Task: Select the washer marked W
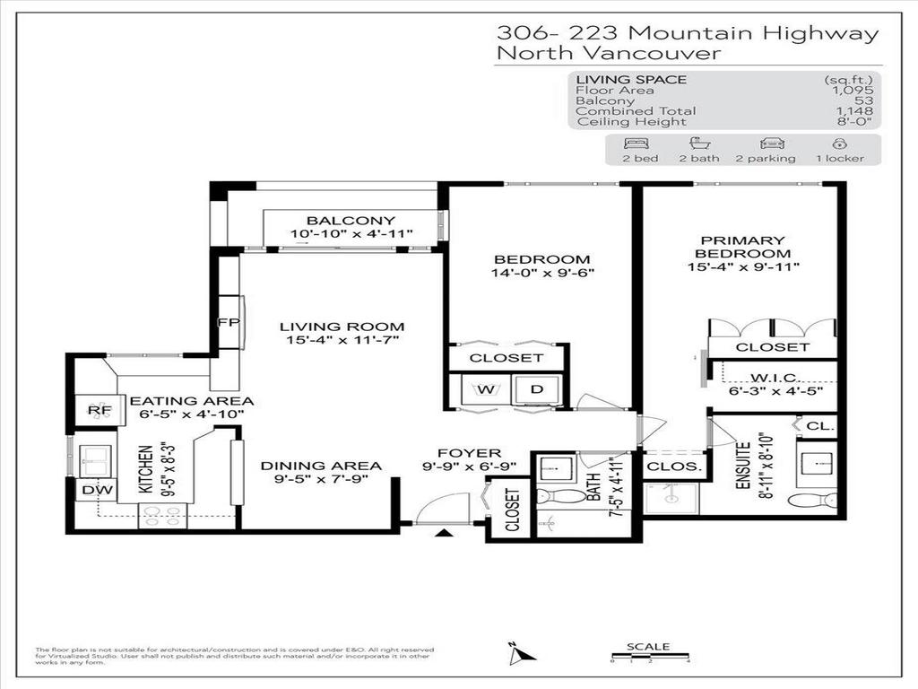click(x=486, y=389)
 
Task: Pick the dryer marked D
click(x=537, y=389)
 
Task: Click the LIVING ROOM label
click(x=341, y=327)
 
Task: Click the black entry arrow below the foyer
click(x=444, y=535)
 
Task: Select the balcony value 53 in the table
click(x=863, y=100)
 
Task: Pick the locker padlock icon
click(x=840, y=144)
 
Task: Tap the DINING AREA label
click(x=321, y=466)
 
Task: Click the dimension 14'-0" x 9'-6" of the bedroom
click(x=542, y=273)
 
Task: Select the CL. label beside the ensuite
click(x=820, y=427)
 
